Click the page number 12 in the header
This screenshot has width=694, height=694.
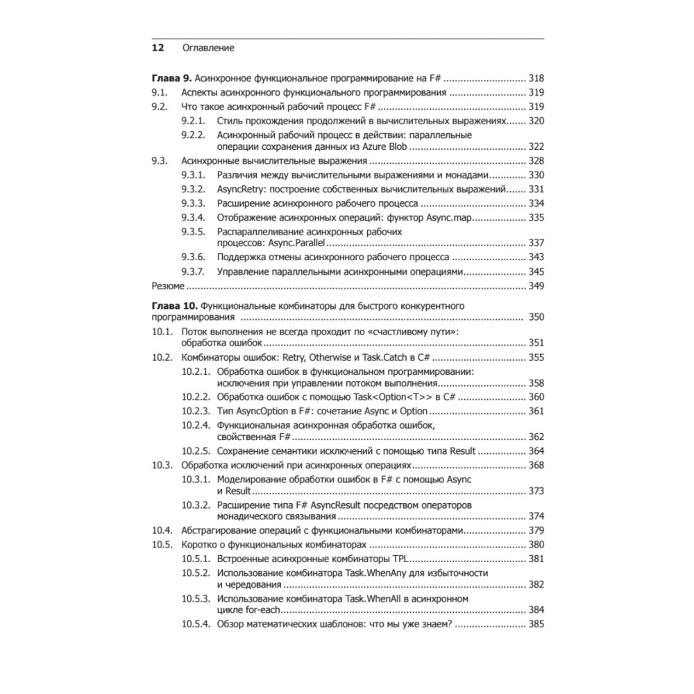pos(158,49)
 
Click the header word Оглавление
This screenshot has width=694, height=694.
pos(208,49)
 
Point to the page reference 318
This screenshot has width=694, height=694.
pos(536,78)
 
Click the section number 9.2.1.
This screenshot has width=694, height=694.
pos(194,121)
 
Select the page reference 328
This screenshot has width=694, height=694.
pos(536,161)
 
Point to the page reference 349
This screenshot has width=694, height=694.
pos(536,285)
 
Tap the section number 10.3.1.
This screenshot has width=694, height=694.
pos(196,479)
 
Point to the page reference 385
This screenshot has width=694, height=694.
pos(536,625)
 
